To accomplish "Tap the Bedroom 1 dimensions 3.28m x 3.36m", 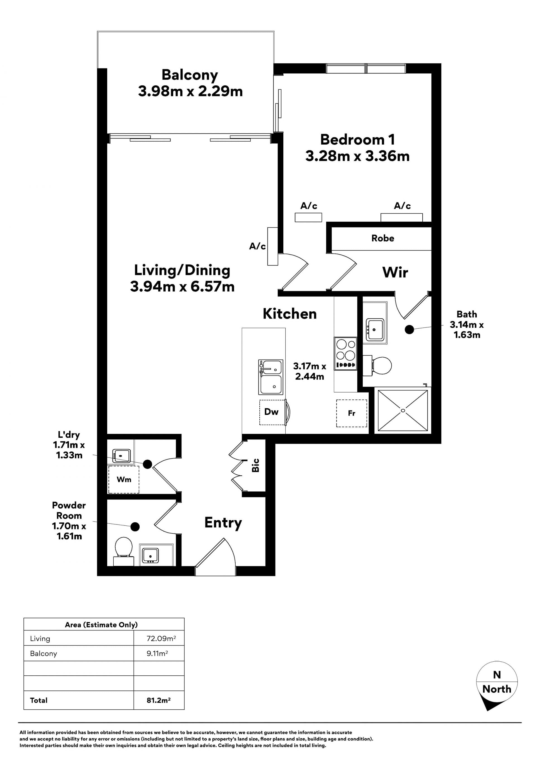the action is pyautogui.click(x=357, y=156).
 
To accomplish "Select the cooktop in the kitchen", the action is pyautogui.click(x=346, y=353).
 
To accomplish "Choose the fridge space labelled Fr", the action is pyautogui.click(x=351, y=413).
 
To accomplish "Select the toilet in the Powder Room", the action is pyautogui.click(x=123, y=551).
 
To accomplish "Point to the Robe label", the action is pyautogui.click(x=383, y=238).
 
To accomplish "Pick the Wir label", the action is pyautogui.click(x=395, y=272).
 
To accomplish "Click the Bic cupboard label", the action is pyautogui.click(x=255, y=465).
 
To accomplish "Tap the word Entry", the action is pyautogui.click(x=223, y=523).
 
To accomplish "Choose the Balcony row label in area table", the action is pyautogui.click(x=44, y=654).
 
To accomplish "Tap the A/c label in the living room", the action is pyautogui.click(x=257, y=246).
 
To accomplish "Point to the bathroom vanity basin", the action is pyautogui.click(x=375, y=329).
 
